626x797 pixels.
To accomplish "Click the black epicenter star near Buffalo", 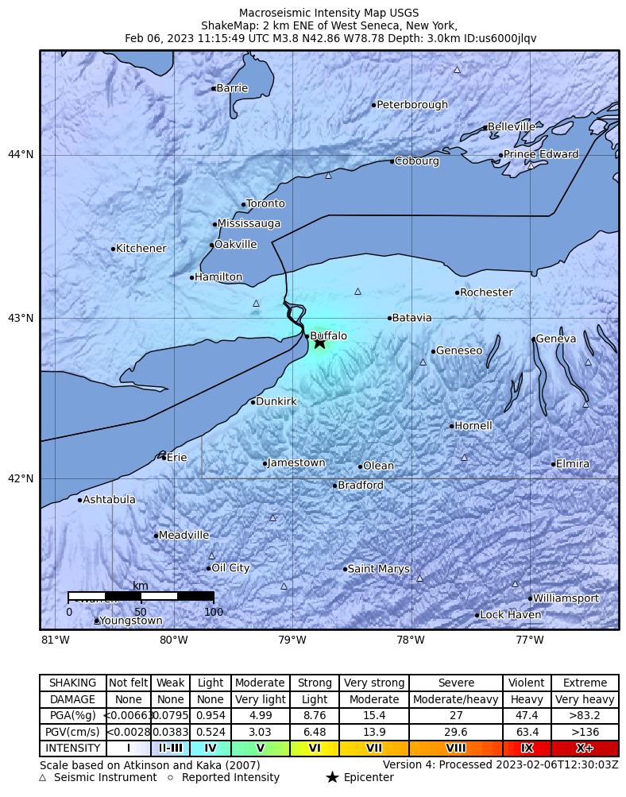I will click(319, 342).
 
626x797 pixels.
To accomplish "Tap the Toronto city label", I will click(265, 204).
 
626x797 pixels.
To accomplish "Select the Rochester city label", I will click(486, 292).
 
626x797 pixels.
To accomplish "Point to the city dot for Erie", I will click(164, 458).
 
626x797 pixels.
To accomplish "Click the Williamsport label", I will click(565, 598).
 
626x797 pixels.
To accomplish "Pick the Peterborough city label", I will click(412, 105).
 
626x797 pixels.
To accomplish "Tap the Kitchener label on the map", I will click(141, 249).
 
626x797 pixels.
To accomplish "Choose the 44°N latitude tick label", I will click(21, 154).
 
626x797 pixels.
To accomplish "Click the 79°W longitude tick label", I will click(292, 640).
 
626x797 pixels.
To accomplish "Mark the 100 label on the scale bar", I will click(214, 613).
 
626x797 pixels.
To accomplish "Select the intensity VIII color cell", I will click(456, 749).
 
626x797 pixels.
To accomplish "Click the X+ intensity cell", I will click(584, 749).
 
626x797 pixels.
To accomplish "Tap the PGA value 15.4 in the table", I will click(374, 716).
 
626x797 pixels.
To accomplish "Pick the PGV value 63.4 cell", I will click(527, 732).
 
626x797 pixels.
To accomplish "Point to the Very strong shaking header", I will click(374, 683).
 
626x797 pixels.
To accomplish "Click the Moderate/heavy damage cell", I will click(456, 700).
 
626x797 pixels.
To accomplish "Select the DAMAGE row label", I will click(73, 700).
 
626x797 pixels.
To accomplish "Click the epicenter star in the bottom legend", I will click(332, 778).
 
